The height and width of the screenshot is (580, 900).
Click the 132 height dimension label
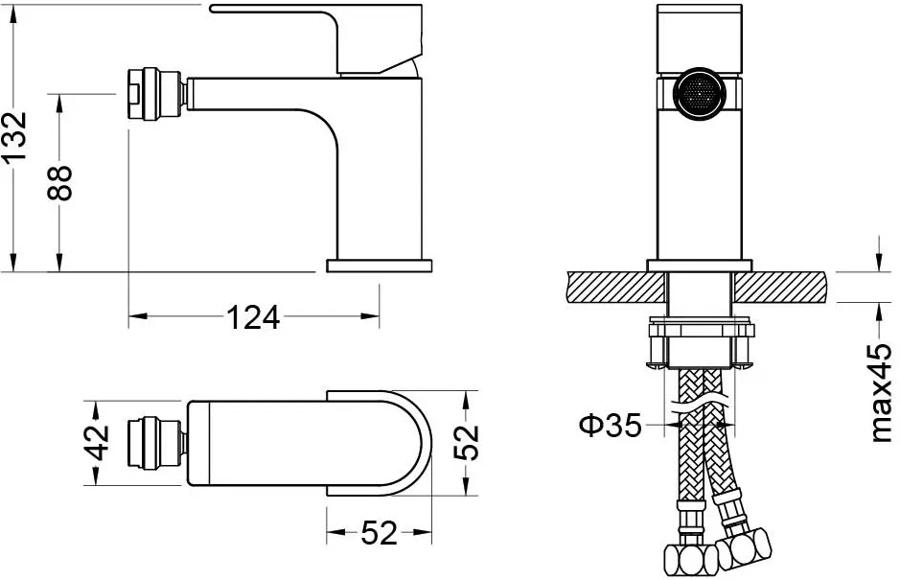click(x=14, y=136)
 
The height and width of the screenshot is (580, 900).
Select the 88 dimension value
click(x=59, y=182)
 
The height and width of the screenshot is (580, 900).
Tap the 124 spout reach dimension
click(x=253, y=317)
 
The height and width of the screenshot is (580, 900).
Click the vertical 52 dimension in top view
click(x=466, y=442)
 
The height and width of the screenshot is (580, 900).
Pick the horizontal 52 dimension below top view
click(x=379, y=533)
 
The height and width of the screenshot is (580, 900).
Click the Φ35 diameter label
click(x=610, y=426)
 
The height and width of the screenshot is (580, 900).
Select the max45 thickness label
click(x=882, y=393)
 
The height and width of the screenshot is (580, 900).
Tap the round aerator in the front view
click(x=699, y=94)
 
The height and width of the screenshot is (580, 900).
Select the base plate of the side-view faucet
click(x=379, y=266)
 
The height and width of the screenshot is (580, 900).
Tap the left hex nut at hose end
click(x=690, y=558)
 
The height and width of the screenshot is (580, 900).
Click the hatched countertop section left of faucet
click(x=616, y=288)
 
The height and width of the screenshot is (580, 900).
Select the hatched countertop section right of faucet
click(x=780, y=288)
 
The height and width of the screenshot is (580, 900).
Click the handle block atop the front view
click(x=699, y=39)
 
